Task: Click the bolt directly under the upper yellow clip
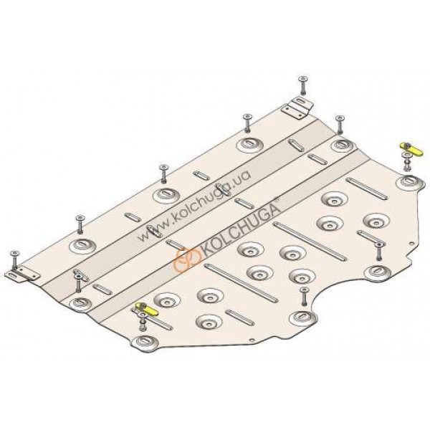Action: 406,163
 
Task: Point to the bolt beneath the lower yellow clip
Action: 143,322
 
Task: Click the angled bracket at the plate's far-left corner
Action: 22,274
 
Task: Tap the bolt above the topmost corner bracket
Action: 303,86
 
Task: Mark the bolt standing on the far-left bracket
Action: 14,261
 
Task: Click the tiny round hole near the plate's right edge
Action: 411,243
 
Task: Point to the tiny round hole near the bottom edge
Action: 252,340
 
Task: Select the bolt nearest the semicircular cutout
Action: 304,297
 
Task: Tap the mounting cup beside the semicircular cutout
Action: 303,317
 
